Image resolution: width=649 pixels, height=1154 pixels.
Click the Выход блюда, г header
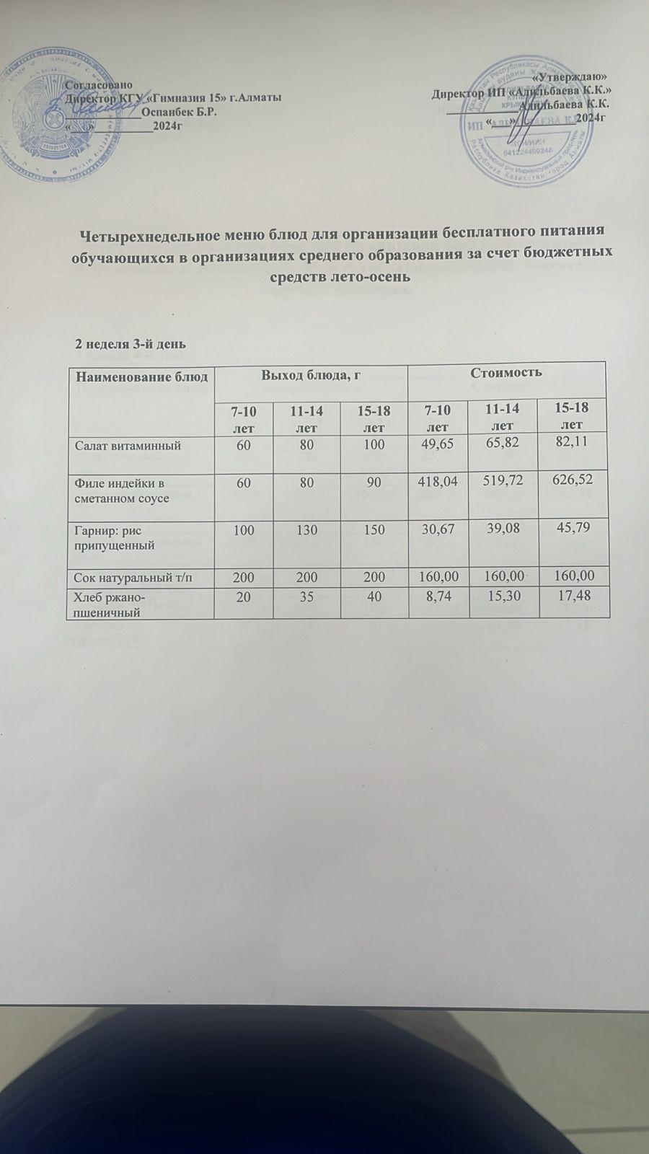[x=311, y=373]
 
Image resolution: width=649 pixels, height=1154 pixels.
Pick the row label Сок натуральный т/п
[x=128, y=576]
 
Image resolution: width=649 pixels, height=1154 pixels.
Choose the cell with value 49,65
[x=435, y=445]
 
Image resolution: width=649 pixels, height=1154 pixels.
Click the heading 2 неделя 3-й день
[x=131, y=343]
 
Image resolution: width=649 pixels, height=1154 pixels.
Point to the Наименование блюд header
[x=142, y=376]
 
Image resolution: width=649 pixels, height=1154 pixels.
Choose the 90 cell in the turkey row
[x=374, y=480]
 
